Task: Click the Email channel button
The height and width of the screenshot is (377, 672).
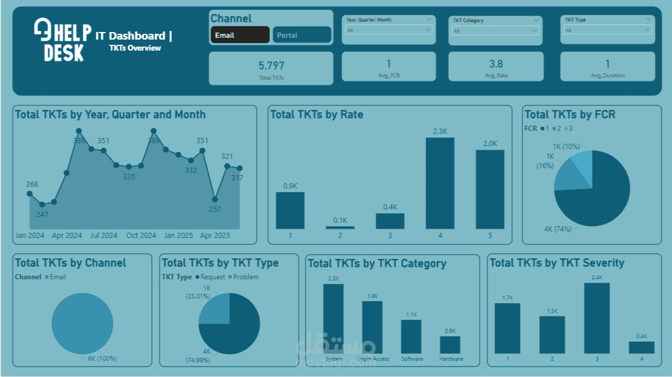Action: (x=240, y=35)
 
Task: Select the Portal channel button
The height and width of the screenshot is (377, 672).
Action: (x=301, y=35)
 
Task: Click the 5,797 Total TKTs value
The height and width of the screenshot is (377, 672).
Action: (x=271, y=66)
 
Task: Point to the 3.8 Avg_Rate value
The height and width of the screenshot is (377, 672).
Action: (x=496, y=64)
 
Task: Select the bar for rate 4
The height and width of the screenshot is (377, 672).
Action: (x=440, y=183)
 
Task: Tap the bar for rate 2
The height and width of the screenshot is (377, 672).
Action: (x=340, y=227)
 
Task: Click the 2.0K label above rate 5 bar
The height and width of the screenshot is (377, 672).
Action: (x=490, y=143)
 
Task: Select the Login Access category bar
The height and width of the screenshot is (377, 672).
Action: (x=372, y=327)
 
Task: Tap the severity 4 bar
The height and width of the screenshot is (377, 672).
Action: (x=641, y=347)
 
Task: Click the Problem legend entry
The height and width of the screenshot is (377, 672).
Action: (x=245, y=277)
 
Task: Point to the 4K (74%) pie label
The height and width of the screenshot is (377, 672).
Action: (x=557, y=229)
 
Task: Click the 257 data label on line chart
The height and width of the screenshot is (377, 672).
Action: (x=215, y=209)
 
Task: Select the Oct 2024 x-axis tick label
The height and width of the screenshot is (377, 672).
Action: (x=141, y=236)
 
